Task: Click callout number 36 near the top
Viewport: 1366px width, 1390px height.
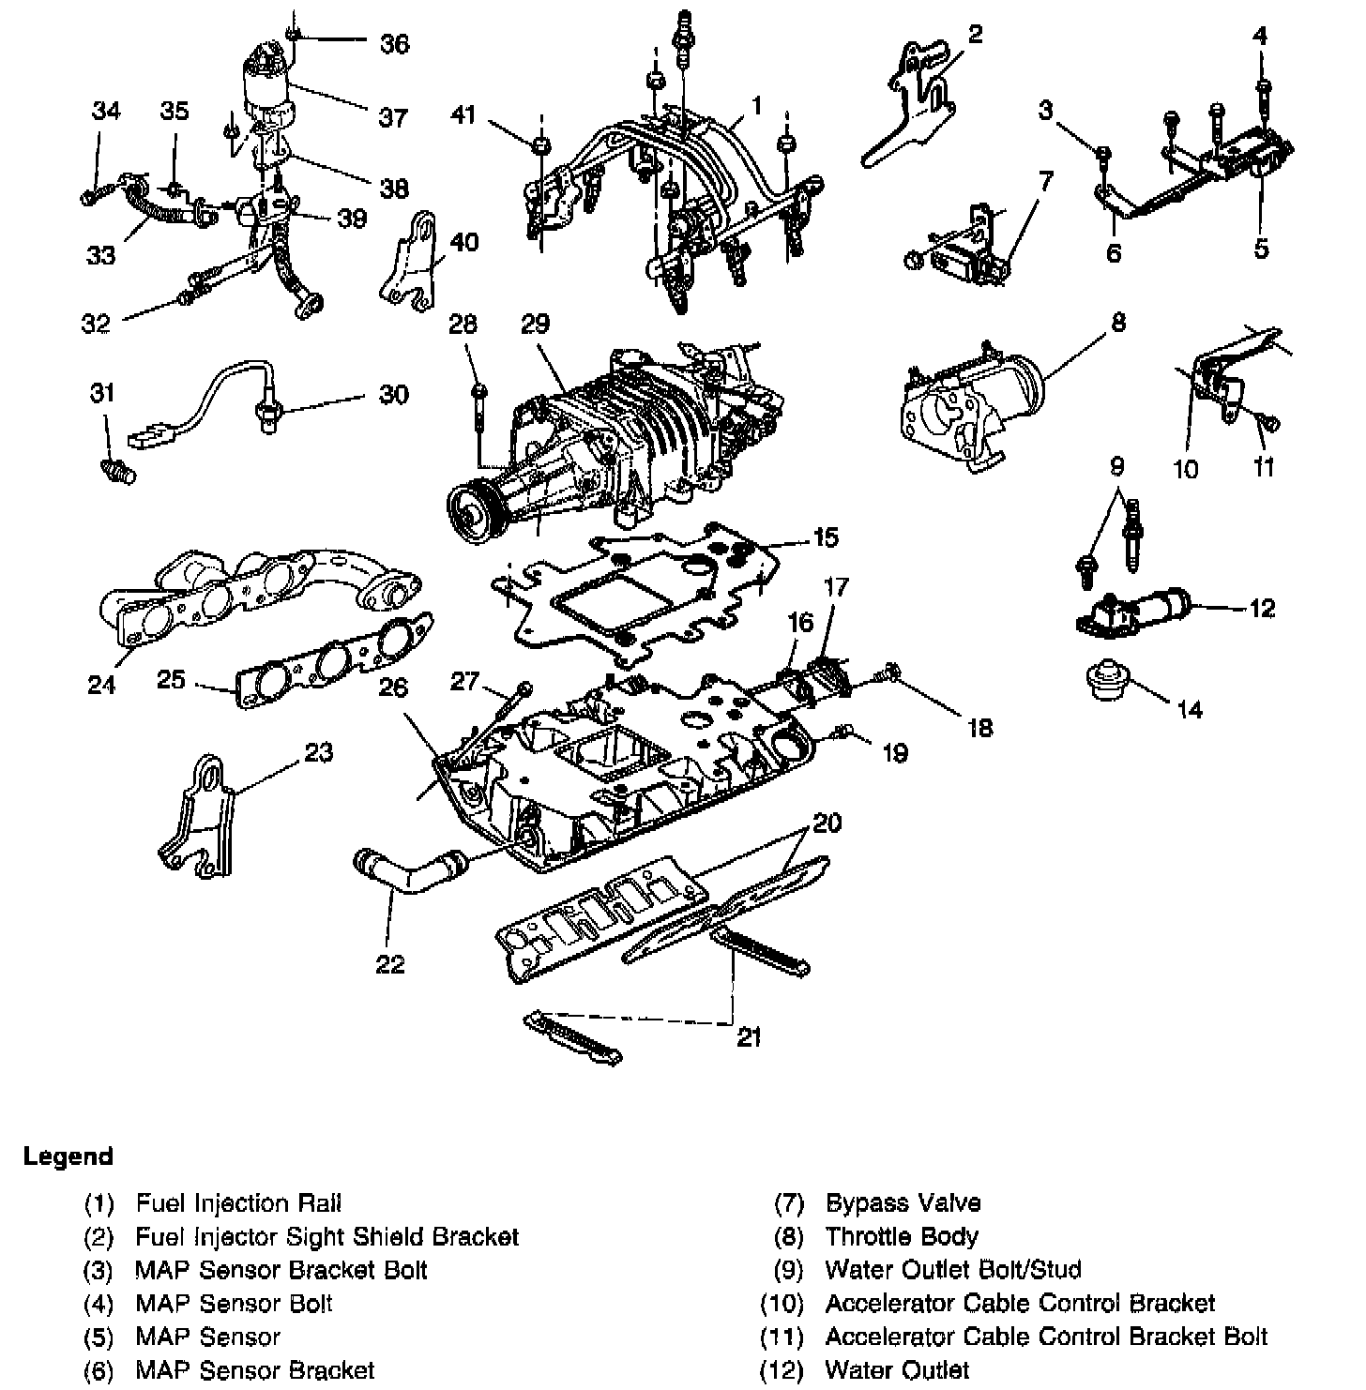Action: coord(394,43)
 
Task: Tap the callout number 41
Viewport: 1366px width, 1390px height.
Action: coord(463,116)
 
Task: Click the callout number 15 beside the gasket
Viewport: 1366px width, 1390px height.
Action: coord(825,537)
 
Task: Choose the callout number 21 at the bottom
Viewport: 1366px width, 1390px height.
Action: coord(749,1037)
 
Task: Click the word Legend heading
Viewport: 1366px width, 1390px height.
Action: coord(68,1156)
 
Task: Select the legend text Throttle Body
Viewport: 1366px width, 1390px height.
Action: coord(901,1236)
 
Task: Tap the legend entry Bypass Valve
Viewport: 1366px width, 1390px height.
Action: coord(903,1202)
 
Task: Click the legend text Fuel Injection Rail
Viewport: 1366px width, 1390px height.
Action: coord(238,1202)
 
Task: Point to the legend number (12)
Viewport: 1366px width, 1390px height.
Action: coord(782,1370)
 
